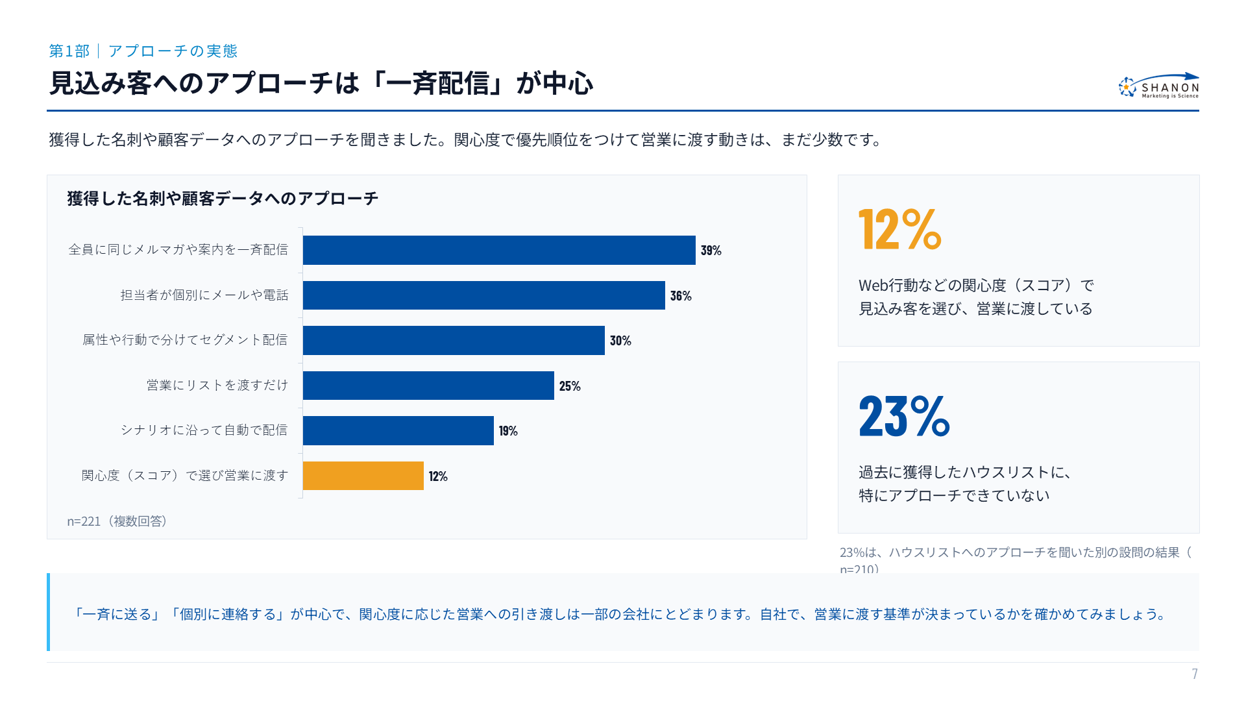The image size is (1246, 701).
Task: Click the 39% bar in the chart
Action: [499, 250]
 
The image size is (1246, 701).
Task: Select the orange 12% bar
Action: [363, 476]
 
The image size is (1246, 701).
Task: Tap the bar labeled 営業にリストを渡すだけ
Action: [428, 386]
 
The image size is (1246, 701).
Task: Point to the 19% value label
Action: [508, 431]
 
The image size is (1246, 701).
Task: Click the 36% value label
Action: [681, 296]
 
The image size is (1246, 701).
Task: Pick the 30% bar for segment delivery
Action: [454, 340]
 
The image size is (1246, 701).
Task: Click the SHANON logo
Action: [1159, 86]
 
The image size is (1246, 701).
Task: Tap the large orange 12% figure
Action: [899, 229]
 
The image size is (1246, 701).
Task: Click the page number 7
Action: [1195, 674]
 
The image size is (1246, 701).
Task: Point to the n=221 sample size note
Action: [117, 521]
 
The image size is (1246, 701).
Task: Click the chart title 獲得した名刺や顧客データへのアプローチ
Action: [223, 199]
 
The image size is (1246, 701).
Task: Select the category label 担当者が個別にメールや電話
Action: [204, 295]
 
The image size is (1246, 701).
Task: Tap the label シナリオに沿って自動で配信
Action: [204, 430]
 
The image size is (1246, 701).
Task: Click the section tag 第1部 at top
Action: [69, 51]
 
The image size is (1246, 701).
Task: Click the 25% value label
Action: [570, 386]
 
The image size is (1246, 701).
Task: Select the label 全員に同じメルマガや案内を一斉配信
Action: [178, 250]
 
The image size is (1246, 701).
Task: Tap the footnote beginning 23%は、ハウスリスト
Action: [1016, 560]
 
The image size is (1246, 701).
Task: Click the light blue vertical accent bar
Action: [48, 612]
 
